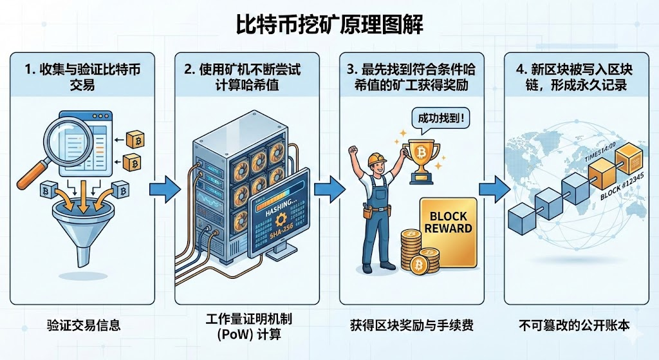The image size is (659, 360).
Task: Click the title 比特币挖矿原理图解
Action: point(329,24)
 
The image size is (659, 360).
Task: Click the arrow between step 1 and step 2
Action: point(163,189)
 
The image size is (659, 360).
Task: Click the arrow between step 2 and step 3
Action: point(328,189)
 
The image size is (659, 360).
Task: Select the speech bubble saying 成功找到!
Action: point(436,118)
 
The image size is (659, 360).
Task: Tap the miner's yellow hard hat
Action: point(376,161)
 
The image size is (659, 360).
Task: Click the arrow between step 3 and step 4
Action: point(493,189)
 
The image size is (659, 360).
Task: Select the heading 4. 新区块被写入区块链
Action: point(577,76)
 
